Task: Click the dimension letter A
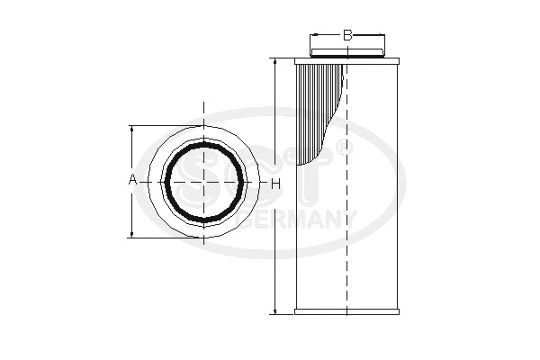click(132, 181)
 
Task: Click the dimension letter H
click(276, 184)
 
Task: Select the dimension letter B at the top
click(347, 36)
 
